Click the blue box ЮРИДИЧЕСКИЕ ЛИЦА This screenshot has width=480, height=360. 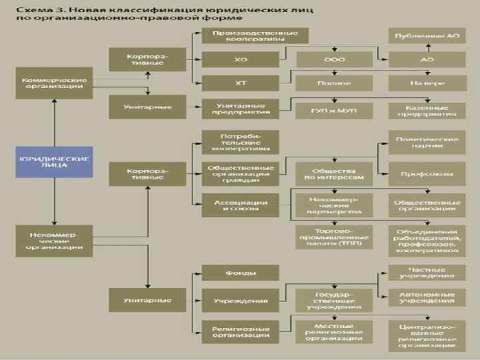[53, 162]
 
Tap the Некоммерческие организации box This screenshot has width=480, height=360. [53, 241]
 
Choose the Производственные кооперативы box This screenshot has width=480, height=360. [241, 36]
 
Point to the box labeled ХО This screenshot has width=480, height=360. [241, 60]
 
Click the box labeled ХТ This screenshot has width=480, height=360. [241, 83]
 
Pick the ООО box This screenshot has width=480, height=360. [334, 60]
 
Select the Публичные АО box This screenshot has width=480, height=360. [427, 36]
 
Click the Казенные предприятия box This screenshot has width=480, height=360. [427, 110]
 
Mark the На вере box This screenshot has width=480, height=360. [427, 83]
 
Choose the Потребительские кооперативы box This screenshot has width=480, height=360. [241, 142]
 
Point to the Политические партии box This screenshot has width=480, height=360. [427, 142]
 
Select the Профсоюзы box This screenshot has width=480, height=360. [427, 174]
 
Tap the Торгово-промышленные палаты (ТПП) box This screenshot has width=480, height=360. [334, 237]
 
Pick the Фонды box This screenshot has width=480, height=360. [241, 273]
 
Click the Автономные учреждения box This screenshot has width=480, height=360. [427, 297]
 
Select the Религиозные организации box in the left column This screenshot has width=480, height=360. [241, 332]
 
